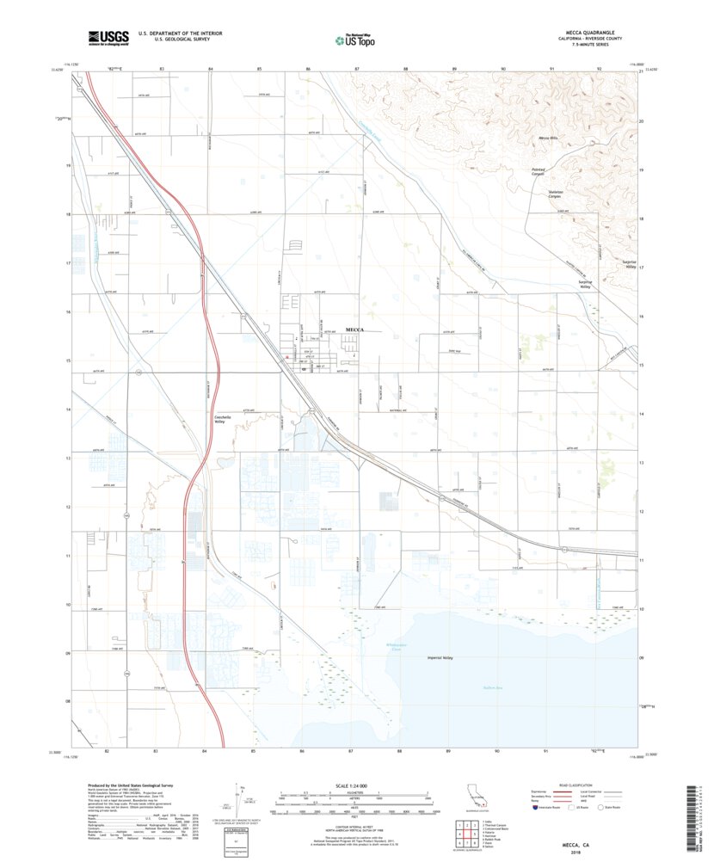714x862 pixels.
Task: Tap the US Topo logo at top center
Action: [x=354, y=39]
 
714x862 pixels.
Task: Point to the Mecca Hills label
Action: [x=548, y=138]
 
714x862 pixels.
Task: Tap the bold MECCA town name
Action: [x=355, y=330]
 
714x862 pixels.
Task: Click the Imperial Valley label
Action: [x=440, y=658]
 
